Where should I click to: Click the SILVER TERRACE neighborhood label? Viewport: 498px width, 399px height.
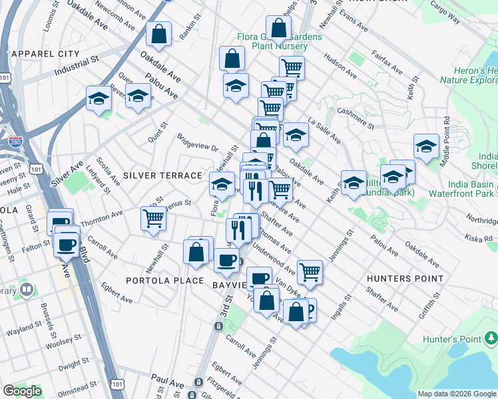click(x=162, y=176)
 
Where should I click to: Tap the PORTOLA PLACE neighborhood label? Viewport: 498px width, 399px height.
click(x=164, y=281)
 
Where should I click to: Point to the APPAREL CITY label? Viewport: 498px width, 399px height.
click(x=45, y=53)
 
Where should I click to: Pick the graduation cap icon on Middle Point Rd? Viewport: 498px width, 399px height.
click(x=425, y=147)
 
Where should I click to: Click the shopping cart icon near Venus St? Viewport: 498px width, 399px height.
click(x=153, y=217)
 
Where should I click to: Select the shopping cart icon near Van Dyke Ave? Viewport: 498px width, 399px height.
click(x=310, y=271)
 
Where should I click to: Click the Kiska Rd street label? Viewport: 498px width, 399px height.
click(x=479, y=237)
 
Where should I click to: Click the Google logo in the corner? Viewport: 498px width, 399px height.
click(x=23, y=390)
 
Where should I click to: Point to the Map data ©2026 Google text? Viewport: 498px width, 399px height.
click(x=457, y=394)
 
